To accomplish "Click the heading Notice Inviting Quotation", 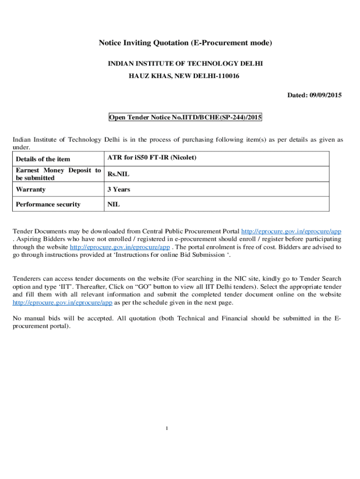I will (x=185, y=43).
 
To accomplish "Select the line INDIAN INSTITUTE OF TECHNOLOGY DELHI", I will (x=186, y=63).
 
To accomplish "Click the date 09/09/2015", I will (x=325, y=95).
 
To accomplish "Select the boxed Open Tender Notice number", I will (x=185, y=117).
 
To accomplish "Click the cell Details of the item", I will (x=43, y=159).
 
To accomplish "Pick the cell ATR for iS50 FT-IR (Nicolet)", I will (x=152, y=158).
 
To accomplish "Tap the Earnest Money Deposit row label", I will (x=58, y=174).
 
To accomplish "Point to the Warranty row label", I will (x=31, y=189).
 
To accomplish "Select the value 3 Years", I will (x=119, y=189).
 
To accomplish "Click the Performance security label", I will (x=48, y=204).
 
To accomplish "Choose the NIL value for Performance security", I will (x=114, y=204).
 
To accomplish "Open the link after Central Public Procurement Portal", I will (x=291, y=232).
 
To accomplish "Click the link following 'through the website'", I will (x=119, y=247).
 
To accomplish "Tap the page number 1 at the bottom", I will (x=166, y=428).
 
